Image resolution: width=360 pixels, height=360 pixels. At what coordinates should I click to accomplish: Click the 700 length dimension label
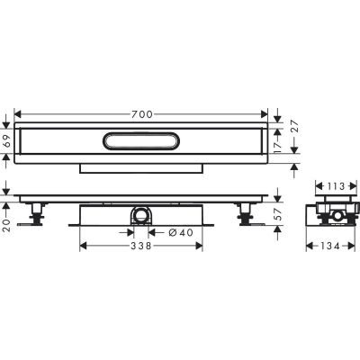(141, 113)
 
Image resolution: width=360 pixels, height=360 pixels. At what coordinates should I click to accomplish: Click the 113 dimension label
(333, 184)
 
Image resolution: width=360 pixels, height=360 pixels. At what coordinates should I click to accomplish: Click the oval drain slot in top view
(141, 141)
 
